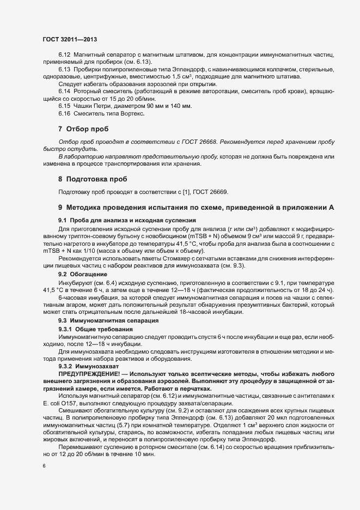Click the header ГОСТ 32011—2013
click(70, 39)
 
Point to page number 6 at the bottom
click(44, 467)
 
